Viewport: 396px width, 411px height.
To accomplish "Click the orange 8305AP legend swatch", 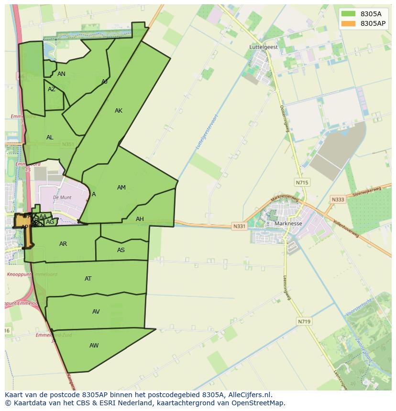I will [348, 23].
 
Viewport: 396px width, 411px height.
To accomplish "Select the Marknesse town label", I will [288, 223].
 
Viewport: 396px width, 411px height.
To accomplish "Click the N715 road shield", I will [302, 182].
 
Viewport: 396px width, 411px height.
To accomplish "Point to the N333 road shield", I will [338, 200].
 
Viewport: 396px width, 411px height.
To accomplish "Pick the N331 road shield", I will [240, 226].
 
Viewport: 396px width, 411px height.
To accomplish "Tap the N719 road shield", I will [304, 322].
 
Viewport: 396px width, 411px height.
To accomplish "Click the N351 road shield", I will [68, 144].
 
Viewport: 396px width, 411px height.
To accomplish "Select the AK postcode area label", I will [119, 111].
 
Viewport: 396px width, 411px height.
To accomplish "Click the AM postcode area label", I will [121, 188].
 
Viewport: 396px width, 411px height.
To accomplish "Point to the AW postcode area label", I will [94, 346].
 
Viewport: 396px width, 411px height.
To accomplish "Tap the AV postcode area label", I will [96, 312].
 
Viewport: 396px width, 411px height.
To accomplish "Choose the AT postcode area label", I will [88, 279].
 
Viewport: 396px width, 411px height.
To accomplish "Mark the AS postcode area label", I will [121, 250].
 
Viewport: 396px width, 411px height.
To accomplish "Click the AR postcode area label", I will [63, 244].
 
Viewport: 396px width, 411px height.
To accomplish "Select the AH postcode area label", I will [140, 219].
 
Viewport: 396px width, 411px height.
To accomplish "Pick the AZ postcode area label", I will [52, 89].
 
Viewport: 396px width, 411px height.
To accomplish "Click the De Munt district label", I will [62, 197].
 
